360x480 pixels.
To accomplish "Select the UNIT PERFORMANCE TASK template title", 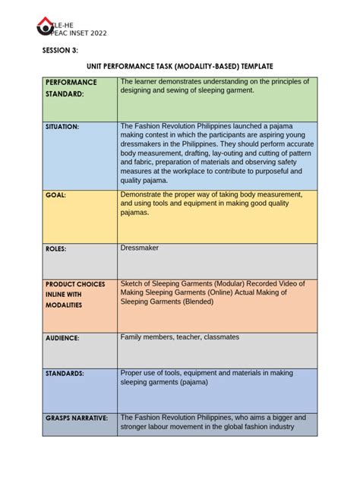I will tap(180, 68).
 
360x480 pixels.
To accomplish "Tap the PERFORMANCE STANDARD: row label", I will tap(71, 87).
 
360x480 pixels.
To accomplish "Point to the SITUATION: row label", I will tap(62, 127).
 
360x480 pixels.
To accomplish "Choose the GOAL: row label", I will tap(55, 195).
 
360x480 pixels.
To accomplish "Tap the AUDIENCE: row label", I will tap(62, 337).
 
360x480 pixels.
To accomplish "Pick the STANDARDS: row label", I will tap(65, 374).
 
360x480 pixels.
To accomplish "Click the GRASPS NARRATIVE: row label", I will tap(76, 418).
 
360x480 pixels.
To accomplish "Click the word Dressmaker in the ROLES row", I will tap(141, 248).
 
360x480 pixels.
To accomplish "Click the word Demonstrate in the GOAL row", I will tap(144, 194).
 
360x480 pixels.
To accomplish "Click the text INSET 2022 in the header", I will tap(84, 33).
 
